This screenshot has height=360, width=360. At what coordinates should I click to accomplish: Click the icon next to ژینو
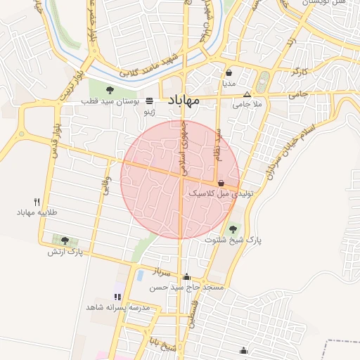click(x=148, y=101)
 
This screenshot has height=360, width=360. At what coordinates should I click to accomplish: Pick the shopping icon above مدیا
click(x=229, y=72)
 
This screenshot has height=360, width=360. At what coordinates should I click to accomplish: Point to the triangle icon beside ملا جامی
click(x=247, y=95)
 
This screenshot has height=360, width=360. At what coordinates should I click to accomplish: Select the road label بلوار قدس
click(x=55, y=140)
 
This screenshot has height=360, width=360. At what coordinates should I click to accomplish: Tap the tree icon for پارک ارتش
click(x=65, y=240)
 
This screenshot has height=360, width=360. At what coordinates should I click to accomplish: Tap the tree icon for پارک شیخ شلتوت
click(x=233, y=229)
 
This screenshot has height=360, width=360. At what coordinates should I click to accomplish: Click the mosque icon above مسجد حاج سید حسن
click(x=186, y=277)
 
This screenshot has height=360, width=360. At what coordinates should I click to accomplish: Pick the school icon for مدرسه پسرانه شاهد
click(x=117, y=297)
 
